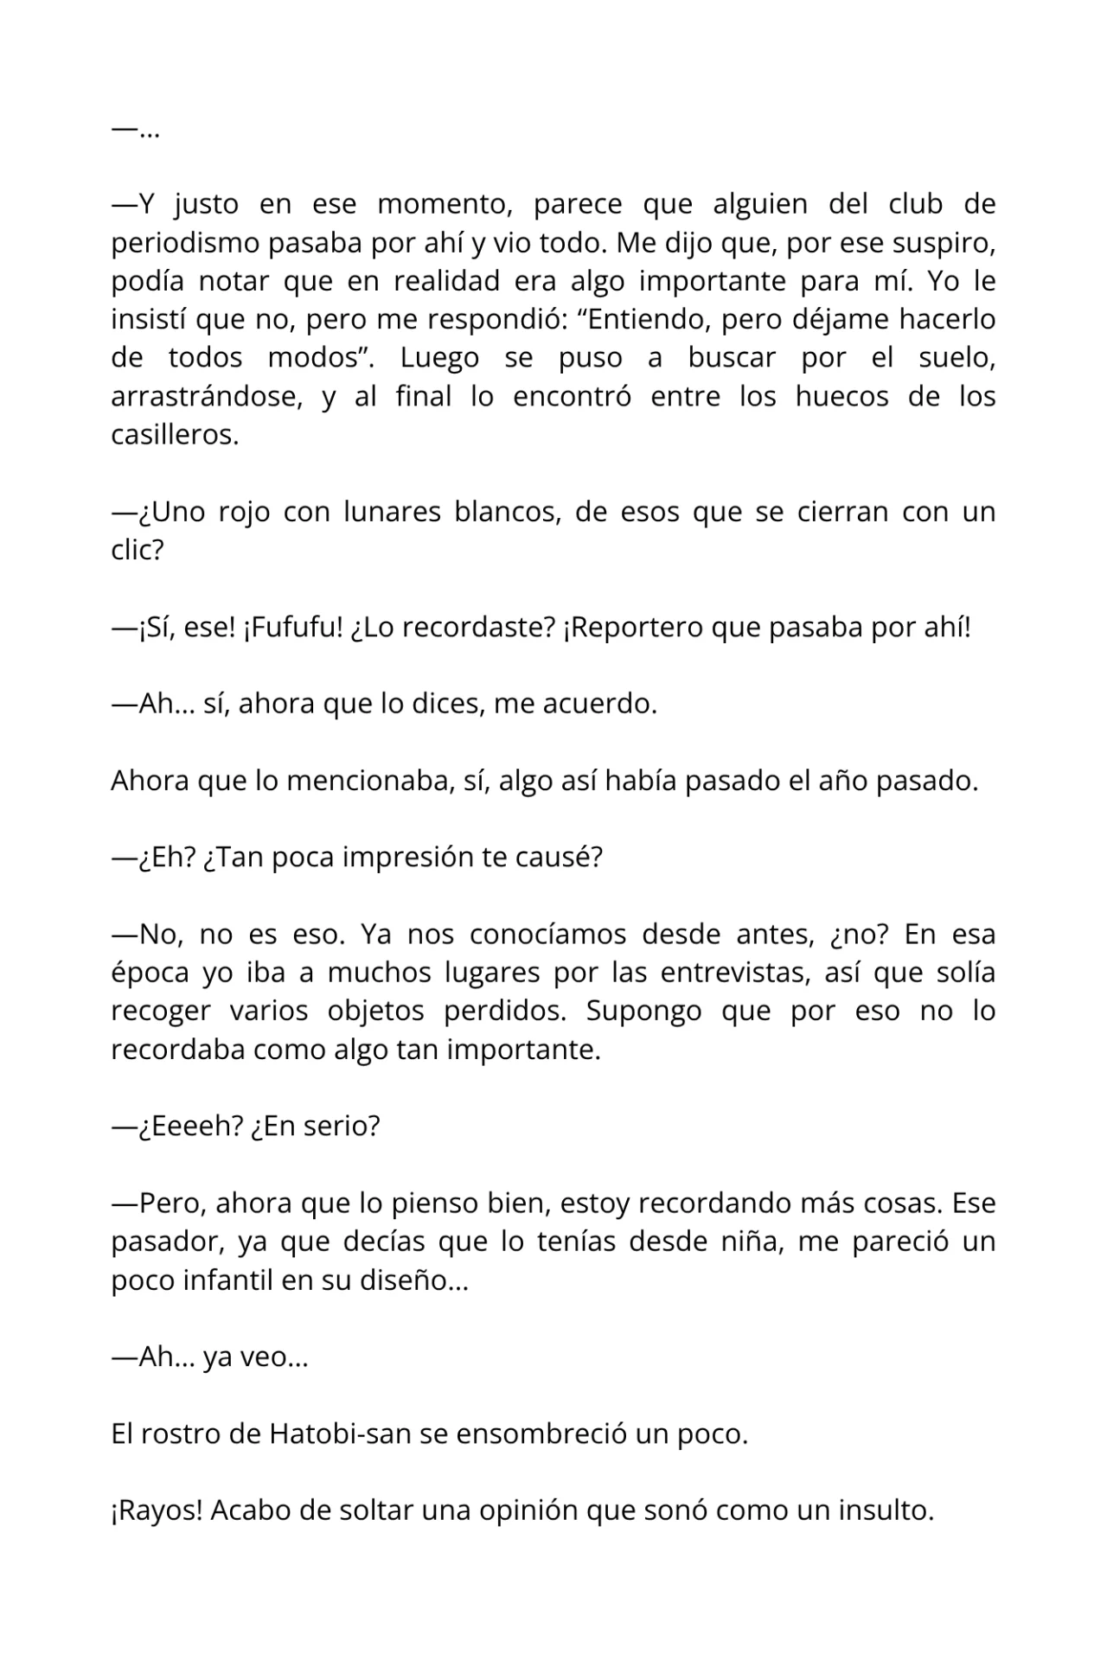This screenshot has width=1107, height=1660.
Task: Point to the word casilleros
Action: coord(174,435)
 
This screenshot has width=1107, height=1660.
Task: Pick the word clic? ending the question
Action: coord(137,550)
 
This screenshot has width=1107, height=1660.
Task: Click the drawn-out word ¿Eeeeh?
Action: coord(189,1127)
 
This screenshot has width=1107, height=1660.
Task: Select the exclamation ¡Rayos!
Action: coord(156,1510)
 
